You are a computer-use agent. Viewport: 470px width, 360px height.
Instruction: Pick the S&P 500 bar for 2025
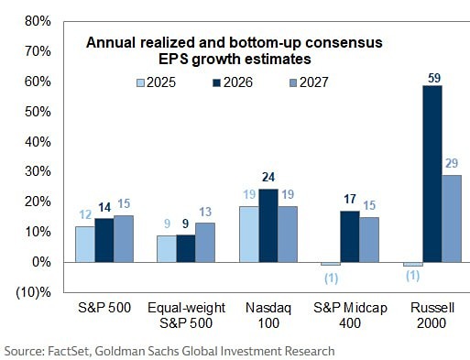pyautogui.click(x=84, y=244)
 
